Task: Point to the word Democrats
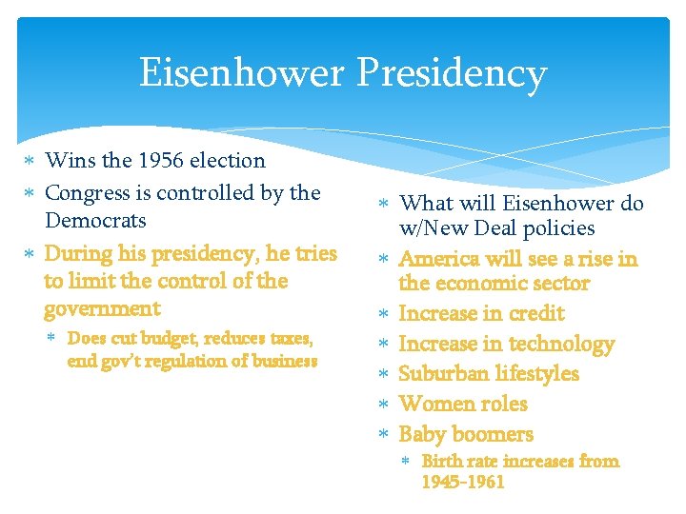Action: click(x=95, y=221)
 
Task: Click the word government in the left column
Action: click(x=102, y=309)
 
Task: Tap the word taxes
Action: click(x=283, y=339)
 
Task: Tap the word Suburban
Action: click(x=447, y=373)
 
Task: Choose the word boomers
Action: click(x=493, y=434)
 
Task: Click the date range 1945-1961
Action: click(x=463, y=483)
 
